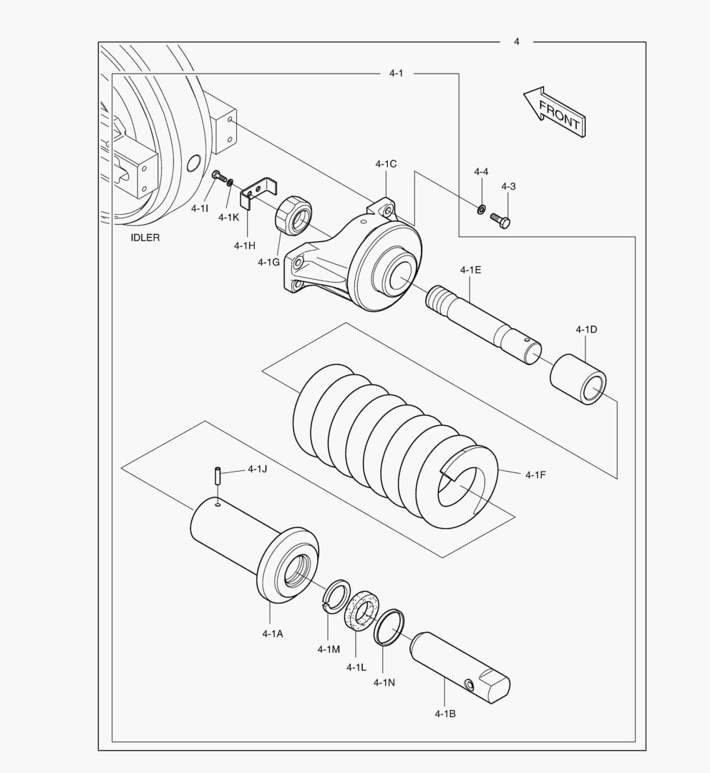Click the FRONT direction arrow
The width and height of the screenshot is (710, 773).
point(552,112)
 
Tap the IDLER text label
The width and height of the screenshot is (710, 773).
point(145,238)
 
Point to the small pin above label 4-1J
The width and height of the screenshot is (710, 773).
point(215,475)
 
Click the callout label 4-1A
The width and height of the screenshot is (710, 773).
point(272,633)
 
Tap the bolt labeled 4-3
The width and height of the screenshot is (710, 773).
point(500,221)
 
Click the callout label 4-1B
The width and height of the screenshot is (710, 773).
point(444,714)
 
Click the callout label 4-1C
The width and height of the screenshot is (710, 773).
point(385,164)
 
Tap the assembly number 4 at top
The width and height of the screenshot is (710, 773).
point(516,42)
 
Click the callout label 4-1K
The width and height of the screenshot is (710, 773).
point(229,217)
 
